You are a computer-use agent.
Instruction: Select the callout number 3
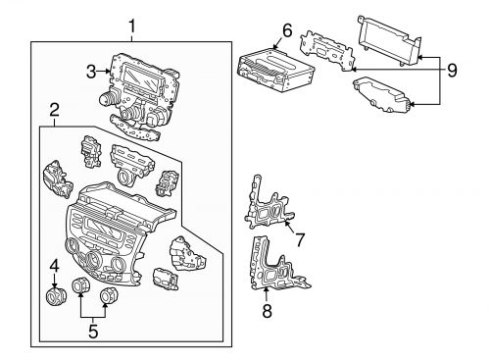pyautogui.click(x=90, y=71)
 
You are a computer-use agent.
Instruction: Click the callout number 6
pyautogui.click(x=287, y=31)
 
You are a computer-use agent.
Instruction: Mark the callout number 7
pyautogui.click(x=301, y=238)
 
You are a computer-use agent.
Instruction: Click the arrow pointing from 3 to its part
pyautogui.click(x=105, y=71)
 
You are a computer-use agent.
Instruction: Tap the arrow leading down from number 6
pyautogui.click(x=278, y=43)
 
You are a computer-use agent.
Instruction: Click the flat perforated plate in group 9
pyautogui.click(x=327, y=50)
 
